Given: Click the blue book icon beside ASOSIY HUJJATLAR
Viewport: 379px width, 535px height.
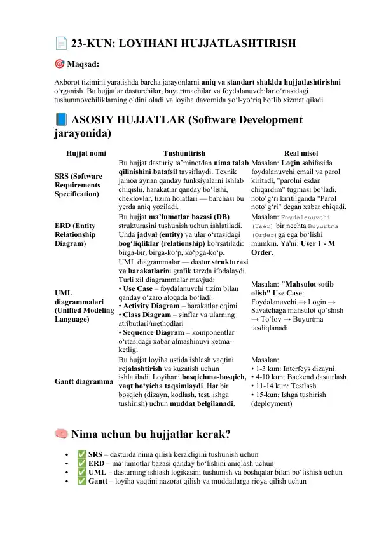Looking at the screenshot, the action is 60,120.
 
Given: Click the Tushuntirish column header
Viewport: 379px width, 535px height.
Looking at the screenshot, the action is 184,153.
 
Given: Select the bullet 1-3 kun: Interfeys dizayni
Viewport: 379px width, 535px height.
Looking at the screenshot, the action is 293,369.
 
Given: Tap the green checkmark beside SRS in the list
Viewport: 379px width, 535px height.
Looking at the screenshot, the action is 81,455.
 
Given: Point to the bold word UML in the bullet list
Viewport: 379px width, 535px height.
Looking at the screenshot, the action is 97,473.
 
